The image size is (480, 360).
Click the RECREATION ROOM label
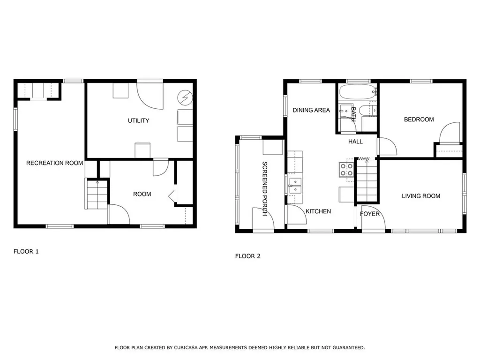[54, 163]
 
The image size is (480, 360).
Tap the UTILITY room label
[138, 120]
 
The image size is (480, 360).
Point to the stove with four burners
[346, 169]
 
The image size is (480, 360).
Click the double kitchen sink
[295, 186]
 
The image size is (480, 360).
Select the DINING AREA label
[311, 110]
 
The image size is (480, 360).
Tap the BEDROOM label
[419, 120]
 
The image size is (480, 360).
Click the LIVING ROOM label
[420, 196]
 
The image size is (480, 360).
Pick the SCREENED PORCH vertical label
[264, 188]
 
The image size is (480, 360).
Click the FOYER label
[369, 214]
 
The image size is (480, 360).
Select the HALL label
[355, 141]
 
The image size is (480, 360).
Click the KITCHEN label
[318, 211]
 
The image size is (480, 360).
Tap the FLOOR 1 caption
[26, 251]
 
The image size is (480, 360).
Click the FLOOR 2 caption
[247, 256]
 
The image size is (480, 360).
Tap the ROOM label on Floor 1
[142, 194]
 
